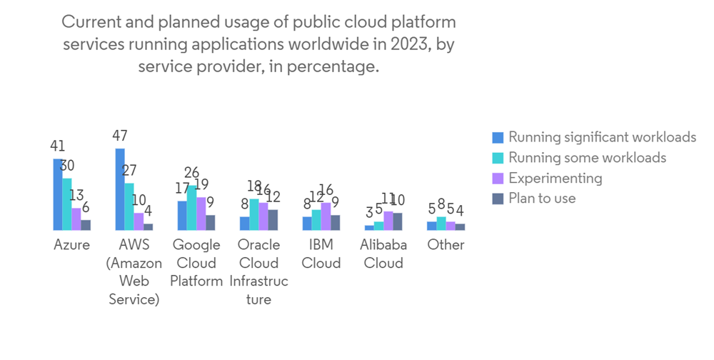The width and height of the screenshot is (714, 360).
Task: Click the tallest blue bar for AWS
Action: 120,189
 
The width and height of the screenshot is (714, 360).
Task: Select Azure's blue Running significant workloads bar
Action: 58,194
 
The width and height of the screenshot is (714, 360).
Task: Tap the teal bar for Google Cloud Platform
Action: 192,208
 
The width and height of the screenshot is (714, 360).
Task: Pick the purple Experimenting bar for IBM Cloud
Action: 326,216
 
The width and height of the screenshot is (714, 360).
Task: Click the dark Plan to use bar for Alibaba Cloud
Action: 397,221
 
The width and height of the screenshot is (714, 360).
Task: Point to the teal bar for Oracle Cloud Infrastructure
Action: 254,214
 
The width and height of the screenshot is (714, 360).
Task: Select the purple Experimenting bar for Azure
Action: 76,219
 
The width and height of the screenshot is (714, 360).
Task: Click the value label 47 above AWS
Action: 120,136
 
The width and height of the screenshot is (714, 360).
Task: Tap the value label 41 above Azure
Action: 58,146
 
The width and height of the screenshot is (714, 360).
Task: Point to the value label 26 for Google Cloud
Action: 192,173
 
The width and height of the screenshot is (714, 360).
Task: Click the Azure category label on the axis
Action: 72,245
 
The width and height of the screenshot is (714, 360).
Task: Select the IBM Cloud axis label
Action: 321,254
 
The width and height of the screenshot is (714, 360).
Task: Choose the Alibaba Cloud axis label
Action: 383,254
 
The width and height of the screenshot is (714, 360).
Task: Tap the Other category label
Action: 446,245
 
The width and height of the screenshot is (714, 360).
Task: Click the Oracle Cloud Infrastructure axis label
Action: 258,272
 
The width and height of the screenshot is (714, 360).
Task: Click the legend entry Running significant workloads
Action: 602,137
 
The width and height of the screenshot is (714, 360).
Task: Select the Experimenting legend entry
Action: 555,178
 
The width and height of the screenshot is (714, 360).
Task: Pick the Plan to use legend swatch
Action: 498,199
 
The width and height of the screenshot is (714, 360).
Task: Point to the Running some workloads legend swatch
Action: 498,158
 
